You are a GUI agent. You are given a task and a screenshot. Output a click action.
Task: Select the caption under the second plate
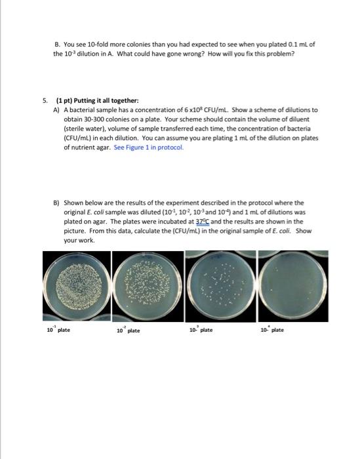(x=128, y=330)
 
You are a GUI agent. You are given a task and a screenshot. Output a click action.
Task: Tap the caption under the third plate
(x=199, y=329)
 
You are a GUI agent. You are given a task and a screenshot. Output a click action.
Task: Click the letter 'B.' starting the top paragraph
(x=57, y=44)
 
